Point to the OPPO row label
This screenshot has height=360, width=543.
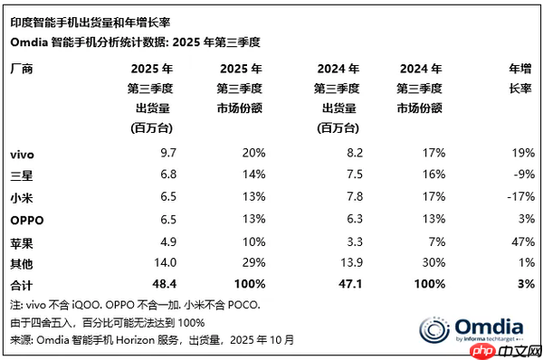25,219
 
